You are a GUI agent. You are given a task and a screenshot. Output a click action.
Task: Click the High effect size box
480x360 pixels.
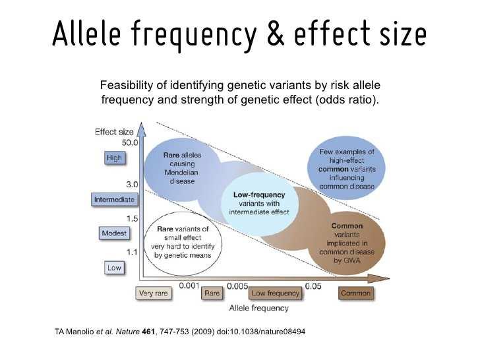115,158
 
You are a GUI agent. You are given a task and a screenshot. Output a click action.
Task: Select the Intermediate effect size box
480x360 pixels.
114,200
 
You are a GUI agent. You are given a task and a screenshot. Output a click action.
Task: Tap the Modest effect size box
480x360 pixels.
114,233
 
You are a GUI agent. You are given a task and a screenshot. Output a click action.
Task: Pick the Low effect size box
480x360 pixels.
114,268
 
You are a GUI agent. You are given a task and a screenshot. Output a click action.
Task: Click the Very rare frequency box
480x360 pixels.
154,293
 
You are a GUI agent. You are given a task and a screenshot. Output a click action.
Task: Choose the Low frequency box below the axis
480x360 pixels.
275,293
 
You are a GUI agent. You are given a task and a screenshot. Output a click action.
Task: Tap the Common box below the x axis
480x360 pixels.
356,293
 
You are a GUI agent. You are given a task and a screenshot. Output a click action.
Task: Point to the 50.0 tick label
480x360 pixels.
130,142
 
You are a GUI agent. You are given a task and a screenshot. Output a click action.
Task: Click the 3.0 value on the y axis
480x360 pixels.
132,185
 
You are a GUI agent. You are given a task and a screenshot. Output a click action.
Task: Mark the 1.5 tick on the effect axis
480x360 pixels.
133,219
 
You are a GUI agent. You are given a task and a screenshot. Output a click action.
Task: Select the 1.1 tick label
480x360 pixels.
132,253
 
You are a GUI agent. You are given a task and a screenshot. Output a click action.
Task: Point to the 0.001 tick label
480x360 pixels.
189,285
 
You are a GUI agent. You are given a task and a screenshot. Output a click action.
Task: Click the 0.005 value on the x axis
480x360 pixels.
237,286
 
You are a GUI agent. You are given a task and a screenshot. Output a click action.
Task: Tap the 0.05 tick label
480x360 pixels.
313,286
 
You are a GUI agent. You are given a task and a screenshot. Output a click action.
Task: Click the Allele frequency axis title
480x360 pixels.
259,308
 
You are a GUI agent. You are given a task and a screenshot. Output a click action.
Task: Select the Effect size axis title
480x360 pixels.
114,132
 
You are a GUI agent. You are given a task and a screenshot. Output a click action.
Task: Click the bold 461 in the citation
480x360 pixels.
149,332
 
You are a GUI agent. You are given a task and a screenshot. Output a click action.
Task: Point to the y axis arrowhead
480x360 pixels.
141,129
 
